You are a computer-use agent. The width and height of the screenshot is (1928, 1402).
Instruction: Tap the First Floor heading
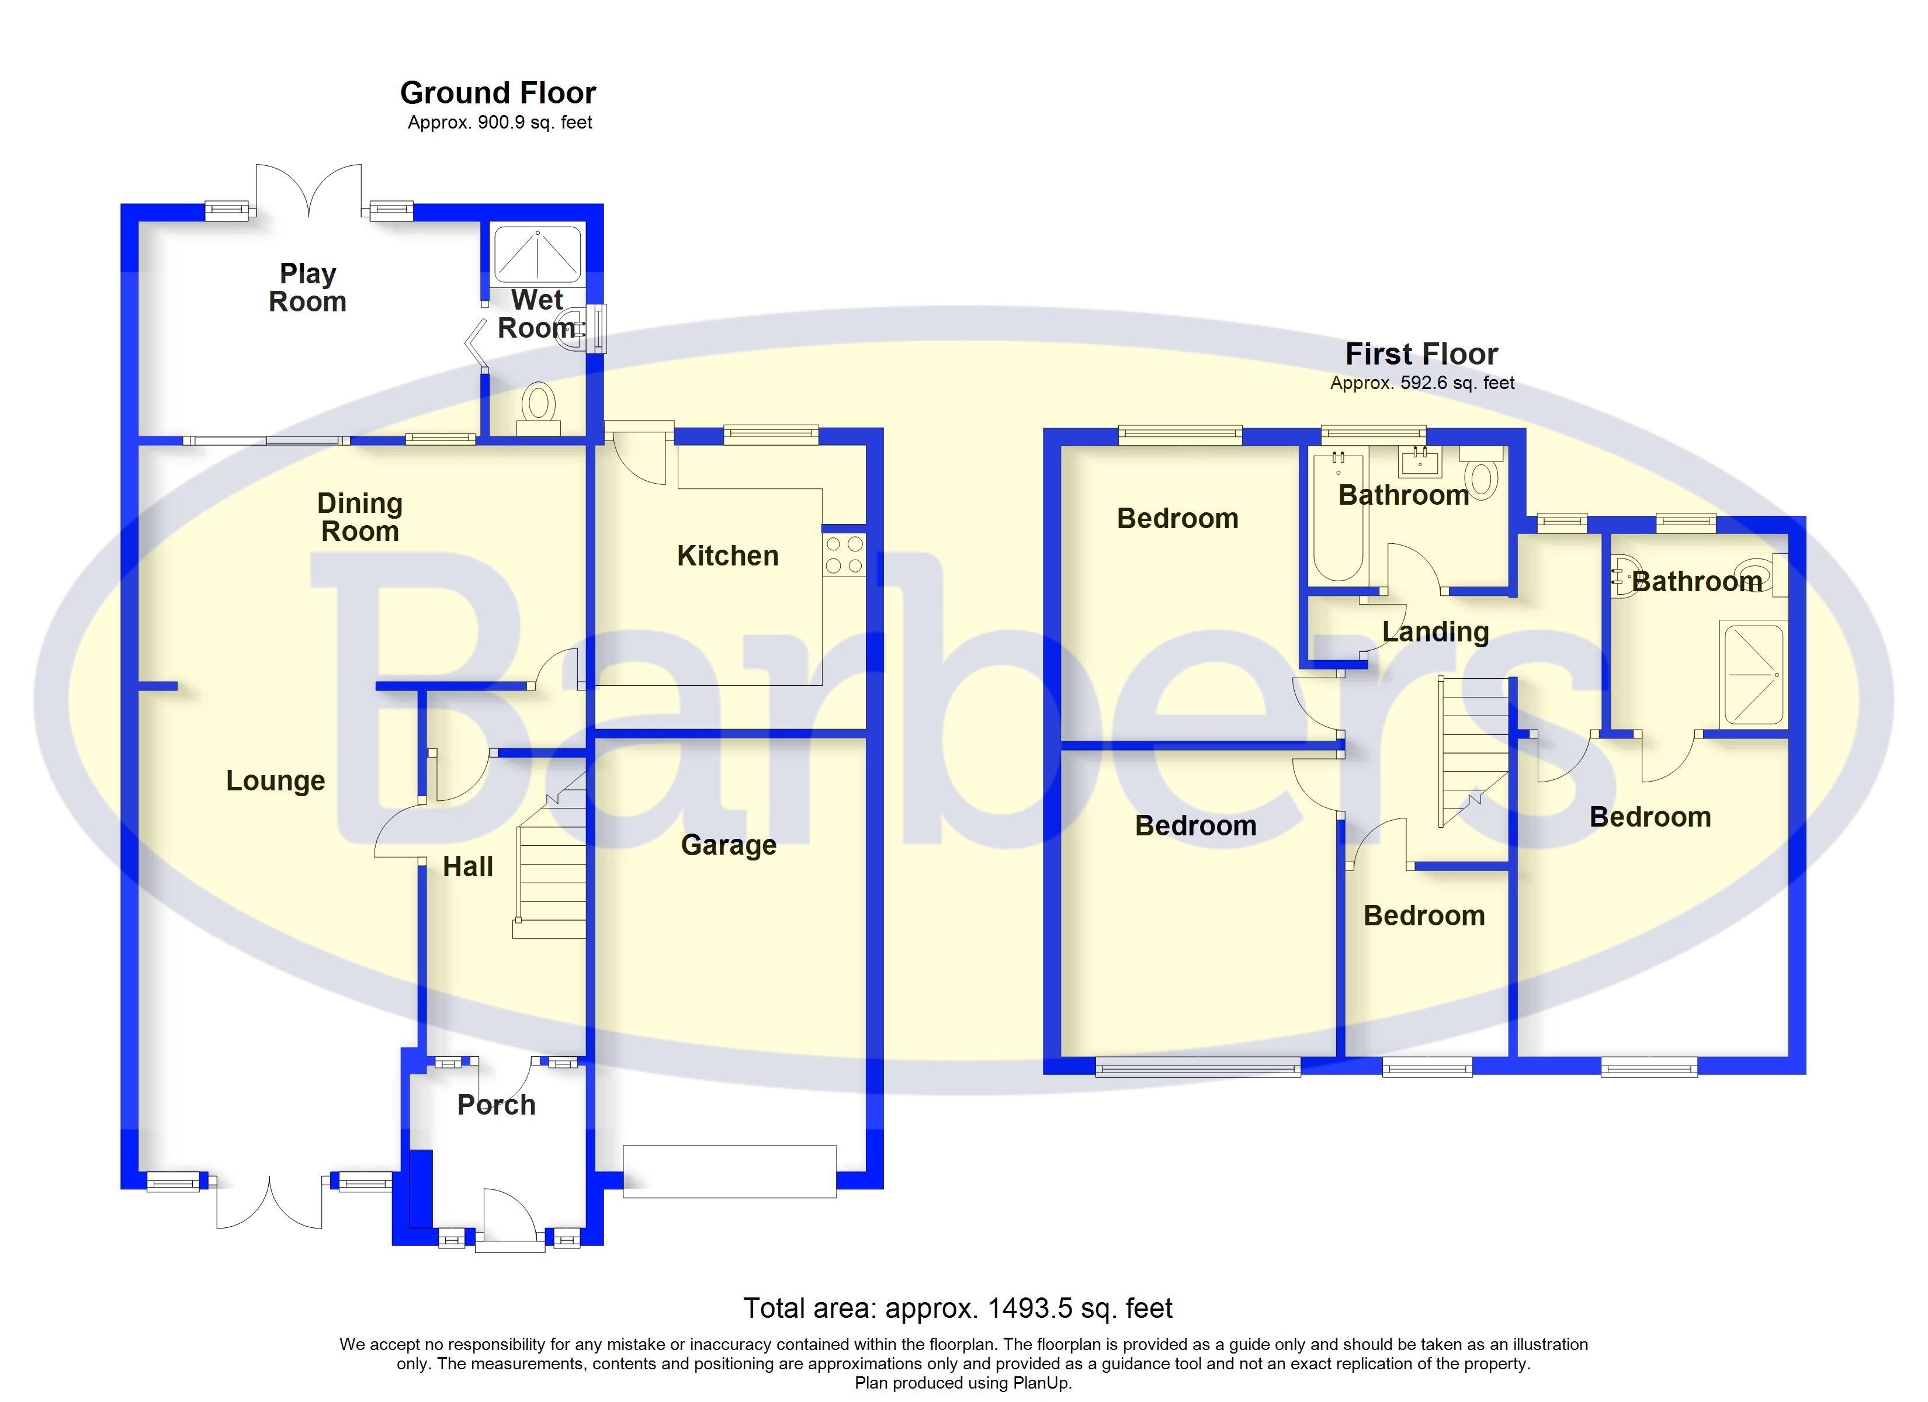coord(1421,353)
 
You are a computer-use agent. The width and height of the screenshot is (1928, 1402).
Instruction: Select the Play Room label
coord(308,287)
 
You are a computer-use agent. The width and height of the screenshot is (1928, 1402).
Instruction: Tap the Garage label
coord(729,845)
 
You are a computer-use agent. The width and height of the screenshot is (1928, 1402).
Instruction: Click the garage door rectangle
coord(729,1172)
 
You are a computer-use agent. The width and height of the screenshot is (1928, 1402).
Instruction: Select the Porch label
coord(497,1105)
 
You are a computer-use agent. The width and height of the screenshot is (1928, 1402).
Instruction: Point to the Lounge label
coord(275,780)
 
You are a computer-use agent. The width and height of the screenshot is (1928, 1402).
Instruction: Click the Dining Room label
coord(359,517)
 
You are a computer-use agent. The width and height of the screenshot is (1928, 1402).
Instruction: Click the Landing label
coord(1435,631)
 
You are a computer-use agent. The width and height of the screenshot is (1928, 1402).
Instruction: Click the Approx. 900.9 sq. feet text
coord(500,123)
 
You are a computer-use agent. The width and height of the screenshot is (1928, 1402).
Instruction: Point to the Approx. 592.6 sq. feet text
coord(1422,383)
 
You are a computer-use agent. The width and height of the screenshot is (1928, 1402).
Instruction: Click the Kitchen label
coord(728,556)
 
